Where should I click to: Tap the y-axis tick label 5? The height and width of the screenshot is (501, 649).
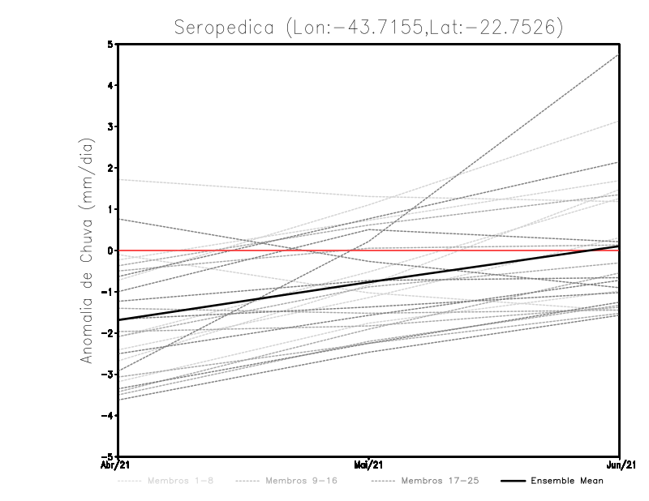click(110, 45)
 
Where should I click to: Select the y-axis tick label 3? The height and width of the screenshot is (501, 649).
click(110, 127)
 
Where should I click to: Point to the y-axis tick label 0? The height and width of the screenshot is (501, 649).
click(110, 250)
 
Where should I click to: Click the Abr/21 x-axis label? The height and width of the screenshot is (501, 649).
click(115, 465)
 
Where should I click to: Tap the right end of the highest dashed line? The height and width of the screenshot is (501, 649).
click(618, 55)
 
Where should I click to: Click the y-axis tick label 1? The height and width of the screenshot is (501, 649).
click(110, 209)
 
